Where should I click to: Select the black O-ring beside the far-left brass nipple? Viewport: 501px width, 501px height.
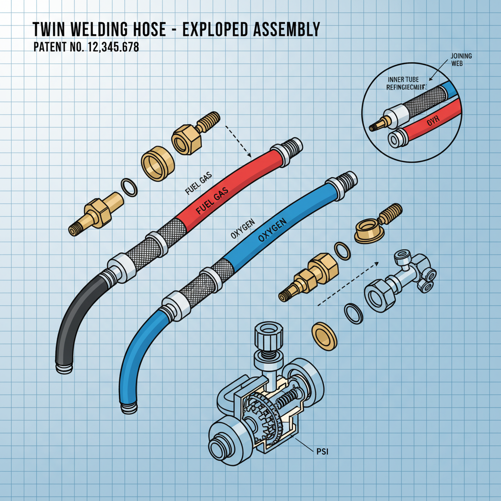point(129,187)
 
